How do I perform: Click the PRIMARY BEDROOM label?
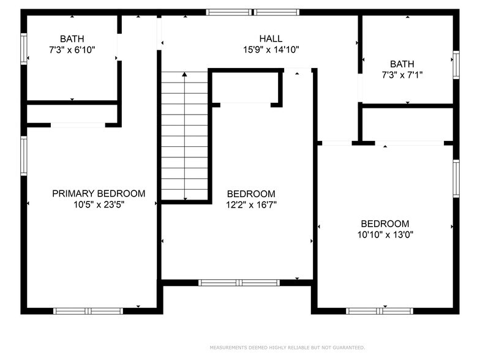pos(99,193)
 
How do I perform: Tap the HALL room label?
pos(271,39)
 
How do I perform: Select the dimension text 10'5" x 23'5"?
pos(99,204)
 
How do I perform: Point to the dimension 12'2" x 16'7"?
pos(251,204)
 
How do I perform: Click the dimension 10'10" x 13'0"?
pos(386,235)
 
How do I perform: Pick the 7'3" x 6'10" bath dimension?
pos(72,50)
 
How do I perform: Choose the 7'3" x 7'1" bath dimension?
pos(402,75)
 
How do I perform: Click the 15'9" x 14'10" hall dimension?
pos(271,50)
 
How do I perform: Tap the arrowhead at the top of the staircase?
pos(184,74)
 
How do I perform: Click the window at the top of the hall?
pos(252,12)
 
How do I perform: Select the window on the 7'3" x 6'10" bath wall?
pos(24,49)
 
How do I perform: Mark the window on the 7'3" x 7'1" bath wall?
pos(456,65)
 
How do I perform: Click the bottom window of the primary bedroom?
pos(88,311)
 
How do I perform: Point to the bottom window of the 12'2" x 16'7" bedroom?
pos(239,283)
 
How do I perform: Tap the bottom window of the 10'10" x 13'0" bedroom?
pos(380,311)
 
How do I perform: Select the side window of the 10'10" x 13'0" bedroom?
pos(456,179)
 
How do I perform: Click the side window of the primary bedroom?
pos(24,156)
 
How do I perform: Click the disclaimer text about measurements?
pos(287,348)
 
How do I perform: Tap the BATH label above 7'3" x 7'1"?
pos(402,64)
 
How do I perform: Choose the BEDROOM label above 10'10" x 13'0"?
pos(384,224)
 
